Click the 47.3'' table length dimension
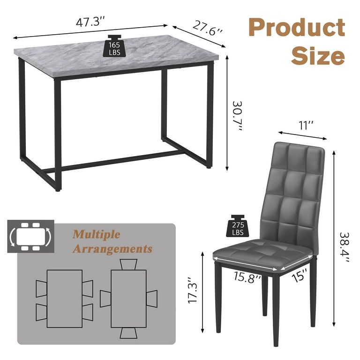90,22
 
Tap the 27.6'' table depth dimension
208,28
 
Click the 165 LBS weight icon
114,45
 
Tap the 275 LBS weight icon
238,225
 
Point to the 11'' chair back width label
306,125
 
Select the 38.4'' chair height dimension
345,247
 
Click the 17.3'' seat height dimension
193,290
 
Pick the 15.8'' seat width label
247,277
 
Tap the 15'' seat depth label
300,275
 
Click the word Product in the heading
297,27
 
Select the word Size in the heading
318,56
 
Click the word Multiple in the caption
97,234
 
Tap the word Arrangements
112,248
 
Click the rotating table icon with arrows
31,236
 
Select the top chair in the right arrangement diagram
128,264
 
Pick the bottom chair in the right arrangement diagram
128,333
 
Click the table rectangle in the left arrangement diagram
65,299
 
